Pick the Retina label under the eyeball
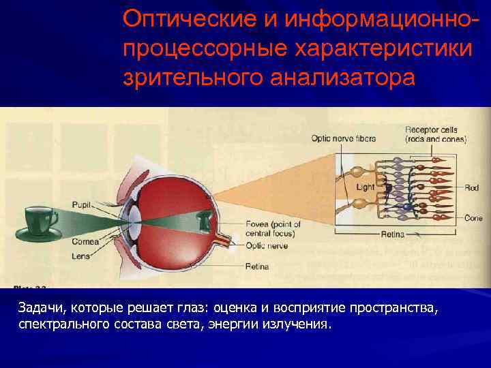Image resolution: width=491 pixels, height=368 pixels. [257, 266]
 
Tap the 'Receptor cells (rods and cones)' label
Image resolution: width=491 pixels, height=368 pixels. [435, 134]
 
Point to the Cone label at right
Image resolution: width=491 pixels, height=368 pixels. [473, 218]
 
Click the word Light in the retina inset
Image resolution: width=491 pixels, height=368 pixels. [366, 186]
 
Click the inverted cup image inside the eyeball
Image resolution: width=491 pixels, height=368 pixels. [203, 219]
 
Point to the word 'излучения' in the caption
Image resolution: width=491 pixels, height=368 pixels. [298, 324]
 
